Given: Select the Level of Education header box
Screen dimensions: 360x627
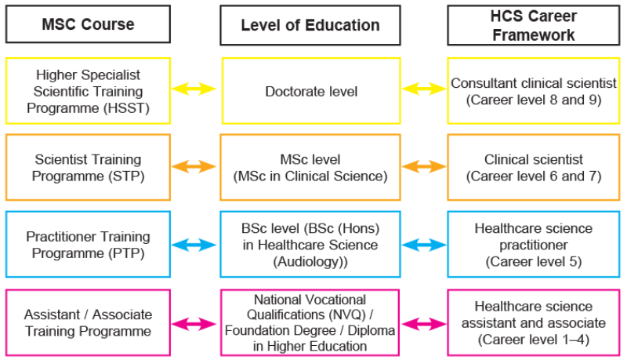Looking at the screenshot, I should click(x=310, y=25).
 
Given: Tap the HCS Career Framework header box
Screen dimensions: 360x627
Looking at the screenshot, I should click(x=535, y=25).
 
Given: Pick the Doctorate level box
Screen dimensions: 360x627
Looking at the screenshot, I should click(x=310, y=91).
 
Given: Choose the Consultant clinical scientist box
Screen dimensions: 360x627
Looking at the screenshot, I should click(x=534, y=91).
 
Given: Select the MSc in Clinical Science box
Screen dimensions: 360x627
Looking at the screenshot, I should click(x=310, y=167).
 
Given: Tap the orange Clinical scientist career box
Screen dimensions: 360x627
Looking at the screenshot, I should click(x=534, y=167).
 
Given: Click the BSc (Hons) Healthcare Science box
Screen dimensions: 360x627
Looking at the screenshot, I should click(x=310, y=244).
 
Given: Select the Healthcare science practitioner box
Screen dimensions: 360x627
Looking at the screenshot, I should click(x=534, y=244).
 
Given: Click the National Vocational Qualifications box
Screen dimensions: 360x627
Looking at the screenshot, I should click(x=310, y=322).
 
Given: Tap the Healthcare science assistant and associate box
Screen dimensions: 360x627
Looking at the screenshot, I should click(x=534, y=322).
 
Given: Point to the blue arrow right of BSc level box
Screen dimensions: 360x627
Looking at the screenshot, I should click(x=423, y=245).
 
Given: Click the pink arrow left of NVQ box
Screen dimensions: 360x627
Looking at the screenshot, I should click(x=195, y=322).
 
